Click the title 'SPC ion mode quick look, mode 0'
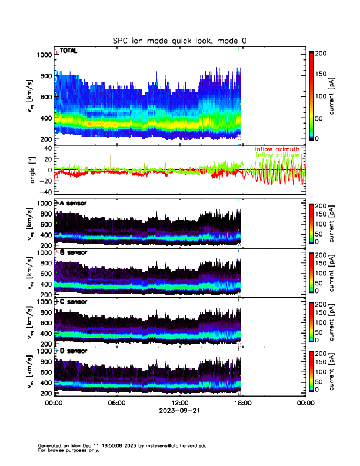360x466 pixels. click(x=180, y=41)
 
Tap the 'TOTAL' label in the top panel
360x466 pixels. click(x=69, y=51)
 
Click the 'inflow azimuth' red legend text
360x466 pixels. click(x=277, y=149)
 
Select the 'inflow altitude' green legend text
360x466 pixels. click(x=280, y=155)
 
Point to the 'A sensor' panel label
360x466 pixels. click(x=73, y=203)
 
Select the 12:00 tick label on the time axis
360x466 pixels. click(x=179, y=403)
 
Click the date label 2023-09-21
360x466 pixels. click(x=179, y=411)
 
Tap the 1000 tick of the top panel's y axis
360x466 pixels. click(x=43, y=55)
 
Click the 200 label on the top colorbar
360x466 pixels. click(x=321, y=53)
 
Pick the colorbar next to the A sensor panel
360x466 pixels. click(x=312, y=223)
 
